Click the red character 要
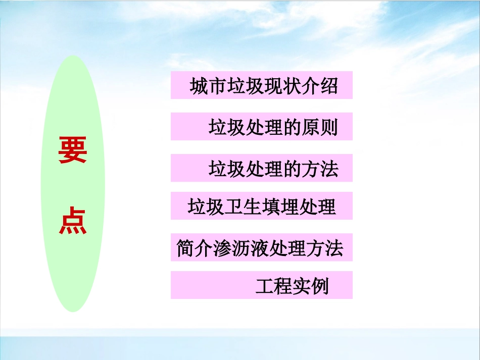pyautogui.click(x=73, y=150)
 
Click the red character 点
pyautogui.click(x=73, y=222)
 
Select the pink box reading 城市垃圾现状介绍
pyautogui.click(x=261, y=85)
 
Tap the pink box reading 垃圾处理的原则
pyautogui.click(x=261, y=127)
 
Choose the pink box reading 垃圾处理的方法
pyautogui.click(x=261, y=168)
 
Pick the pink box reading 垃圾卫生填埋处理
pyautogui.click(x=261, y=206)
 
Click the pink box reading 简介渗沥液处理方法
pyautogui.click(x=261, y=247)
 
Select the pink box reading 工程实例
pyautogui.click(x=261, y=285)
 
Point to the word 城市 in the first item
pyautogui.click(x=208, y=86)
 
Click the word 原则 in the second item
pyautogui.click(x=319, y=128)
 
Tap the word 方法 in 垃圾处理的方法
pyautogui.click(x=319, y=169)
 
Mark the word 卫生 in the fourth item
pyautogui.click(x=243, y=207)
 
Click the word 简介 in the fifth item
pyautogui.click(x=195, y=248)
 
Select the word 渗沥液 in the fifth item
pyautogui.click(x=242, y=248)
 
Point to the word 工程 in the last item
pyautogui.click(x=274, y=286)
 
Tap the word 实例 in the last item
pyautogui.click(x=311, y=286)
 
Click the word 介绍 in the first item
pyautogui.click(x=319, y=86)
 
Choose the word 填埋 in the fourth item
pyautogui.click(x=280, y=207)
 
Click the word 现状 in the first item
pyautogui.click(x=282, y=86)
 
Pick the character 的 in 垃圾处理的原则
pyautogui.click(x=291, y=128)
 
